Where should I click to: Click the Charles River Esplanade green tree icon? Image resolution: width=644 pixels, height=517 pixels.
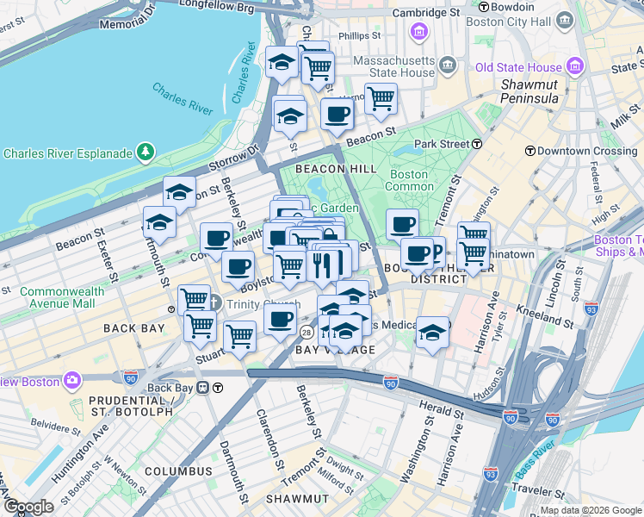[x=146, y=153]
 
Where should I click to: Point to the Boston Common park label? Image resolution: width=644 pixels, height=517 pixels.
[x=408, y=180]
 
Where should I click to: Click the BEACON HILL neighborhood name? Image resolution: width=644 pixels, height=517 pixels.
[x=336, y=169]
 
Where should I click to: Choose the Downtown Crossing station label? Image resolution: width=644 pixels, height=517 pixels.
[x=586, y=150]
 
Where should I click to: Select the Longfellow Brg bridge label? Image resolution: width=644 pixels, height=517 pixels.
[x=219, y=7]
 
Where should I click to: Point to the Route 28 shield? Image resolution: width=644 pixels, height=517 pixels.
[x=307, y=333]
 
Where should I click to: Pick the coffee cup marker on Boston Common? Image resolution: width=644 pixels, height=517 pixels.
[x=401, y=224]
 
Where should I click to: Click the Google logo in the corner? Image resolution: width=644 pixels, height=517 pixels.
[x=28, y=507]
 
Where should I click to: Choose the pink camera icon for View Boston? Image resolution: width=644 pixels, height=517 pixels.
[x=72, y=380]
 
